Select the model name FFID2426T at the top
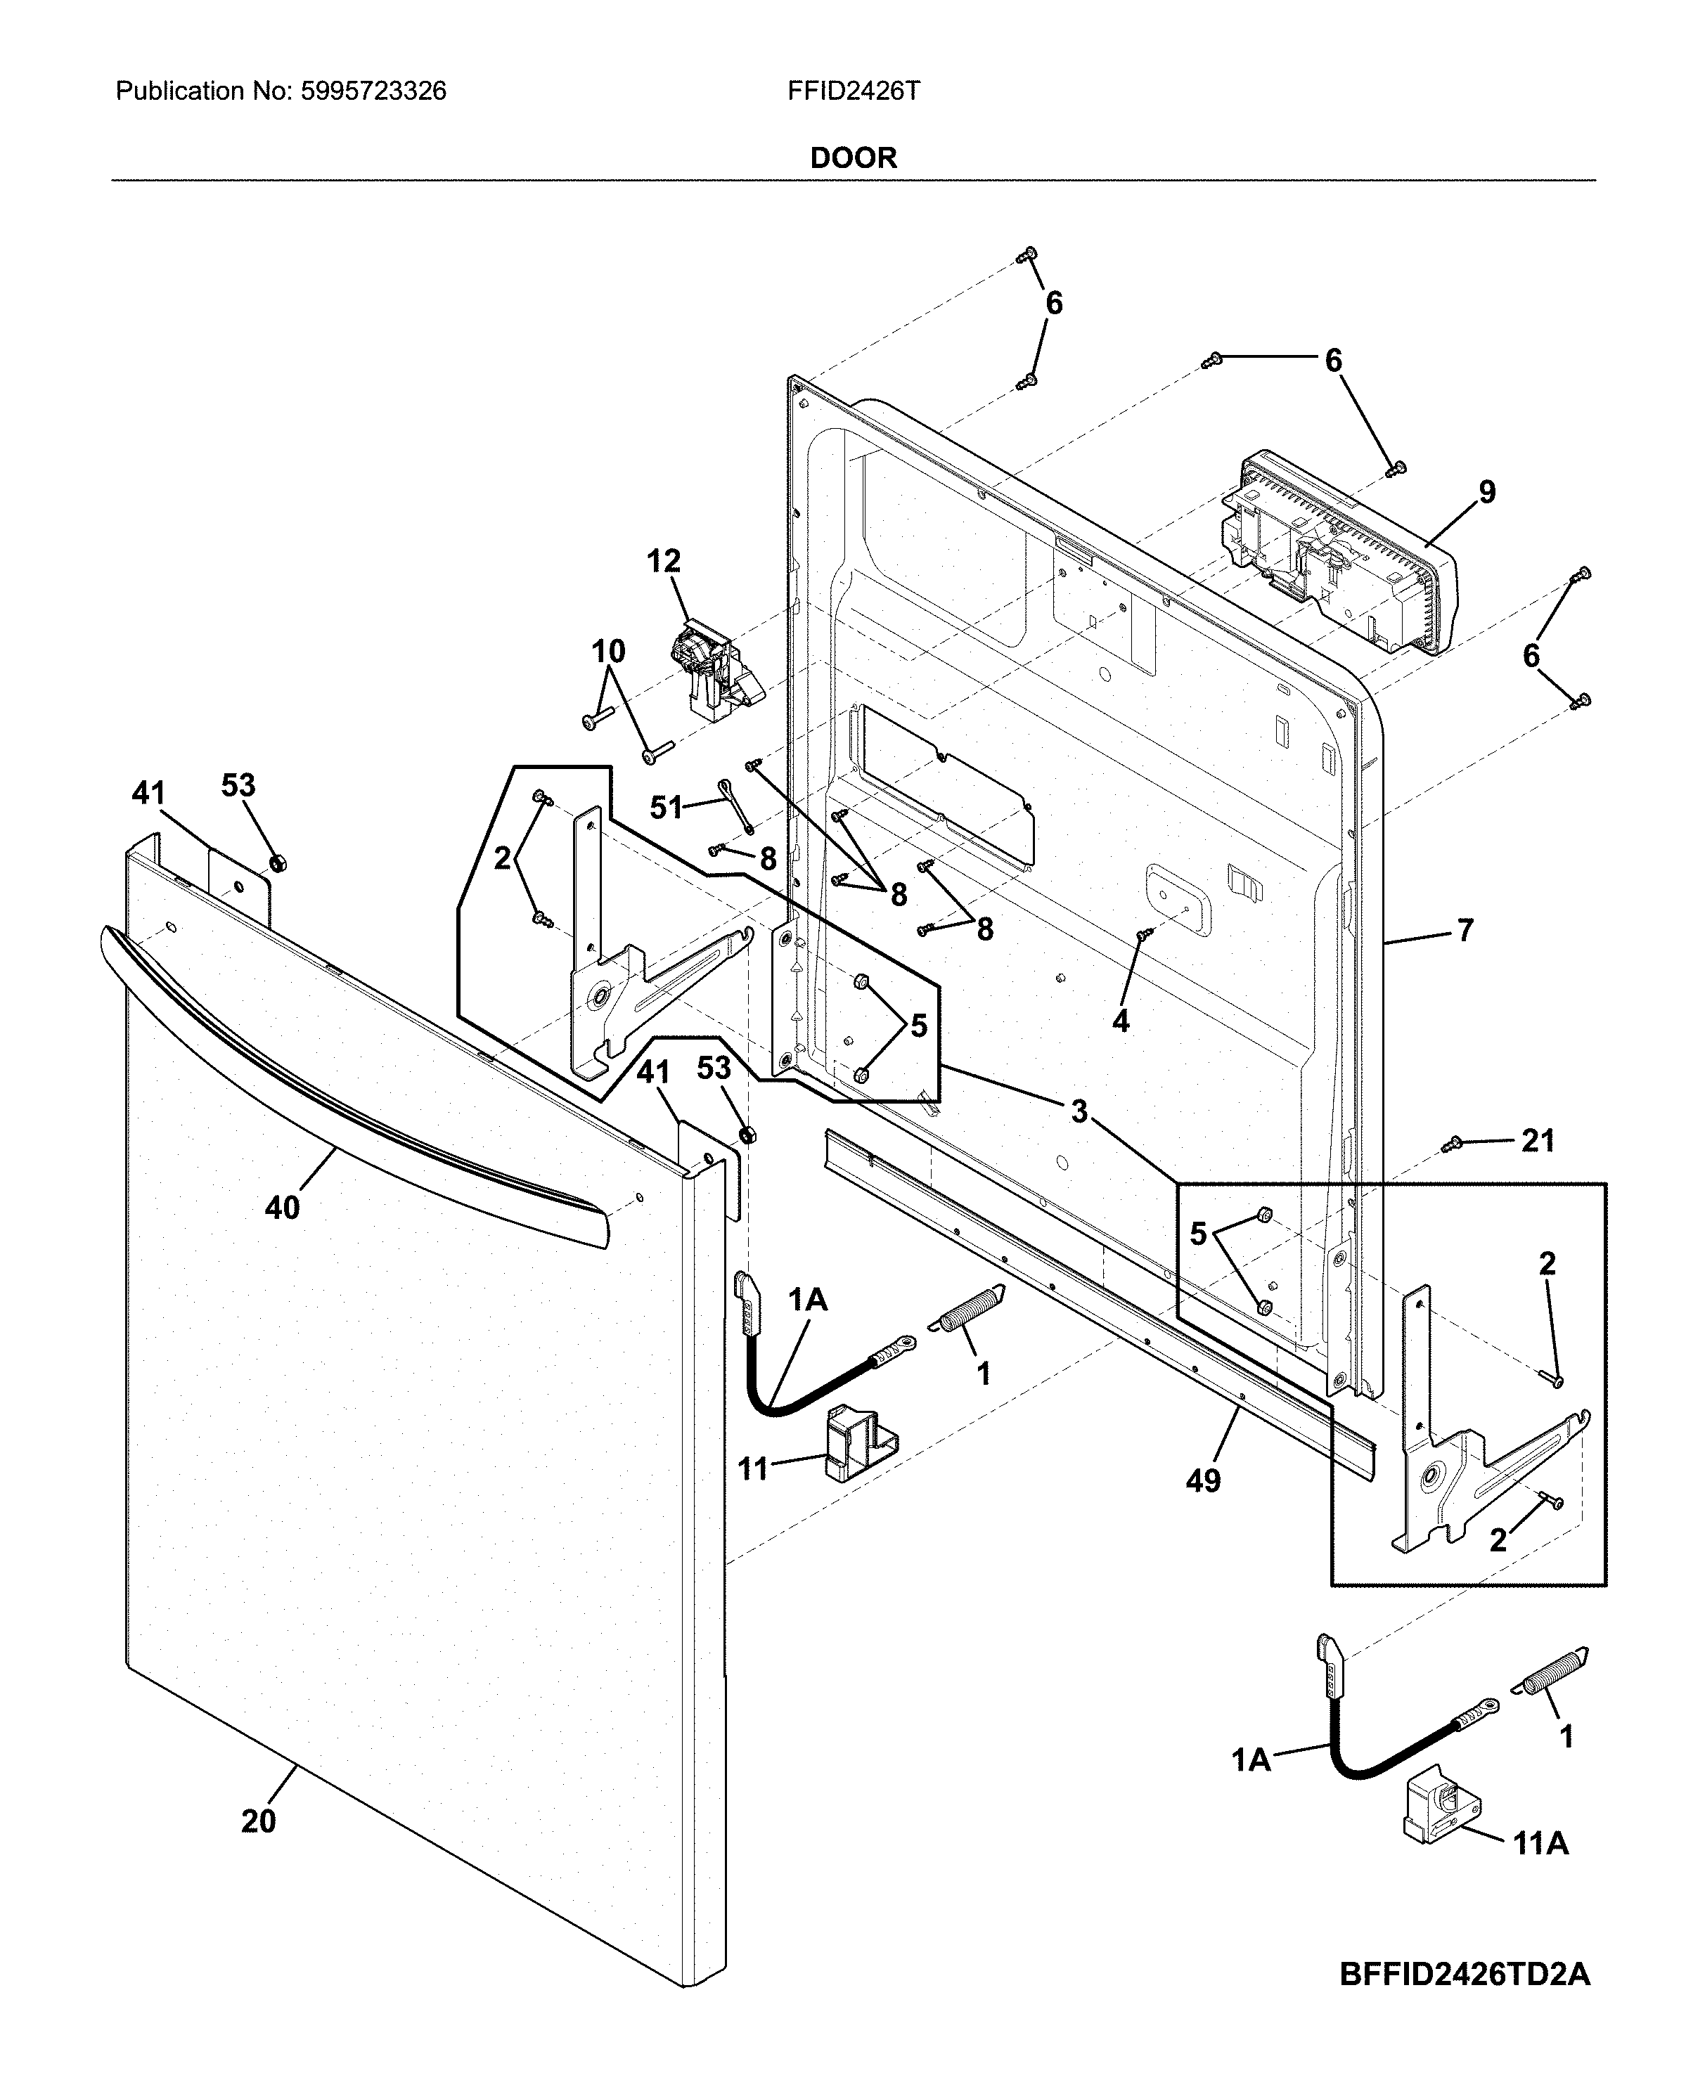[x=853, y=91]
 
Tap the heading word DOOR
[x=853, y=157]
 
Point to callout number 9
[x=1487, y=491]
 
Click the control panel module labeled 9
[x=1340, y=553]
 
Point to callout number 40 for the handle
[x=282, y=1208]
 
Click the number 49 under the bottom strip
[x=1202, y=1481]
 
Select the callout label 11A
[x=1540, y=1843]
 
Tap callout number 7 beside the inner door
[x=1465, y=929]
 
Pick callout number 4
[x=1120, y=1021]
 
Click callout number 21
[x=1538, y=1141]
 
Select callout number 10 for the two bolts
[x=608, y=651]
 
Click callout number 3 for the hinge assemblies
[x=1079, y=1111]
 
